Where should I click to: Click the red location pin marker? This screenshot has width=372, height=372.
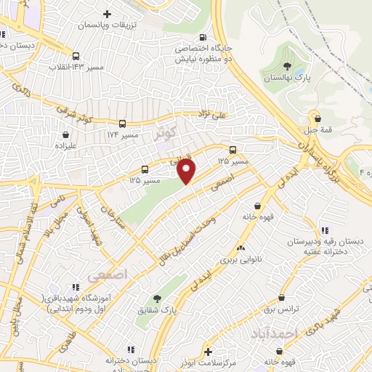coord(187,171)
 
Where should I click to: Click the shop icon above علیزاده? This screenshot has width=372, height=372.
coord(66,134)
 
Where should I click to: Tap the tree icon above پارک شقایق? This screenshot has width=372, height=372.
coord(156,298)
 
